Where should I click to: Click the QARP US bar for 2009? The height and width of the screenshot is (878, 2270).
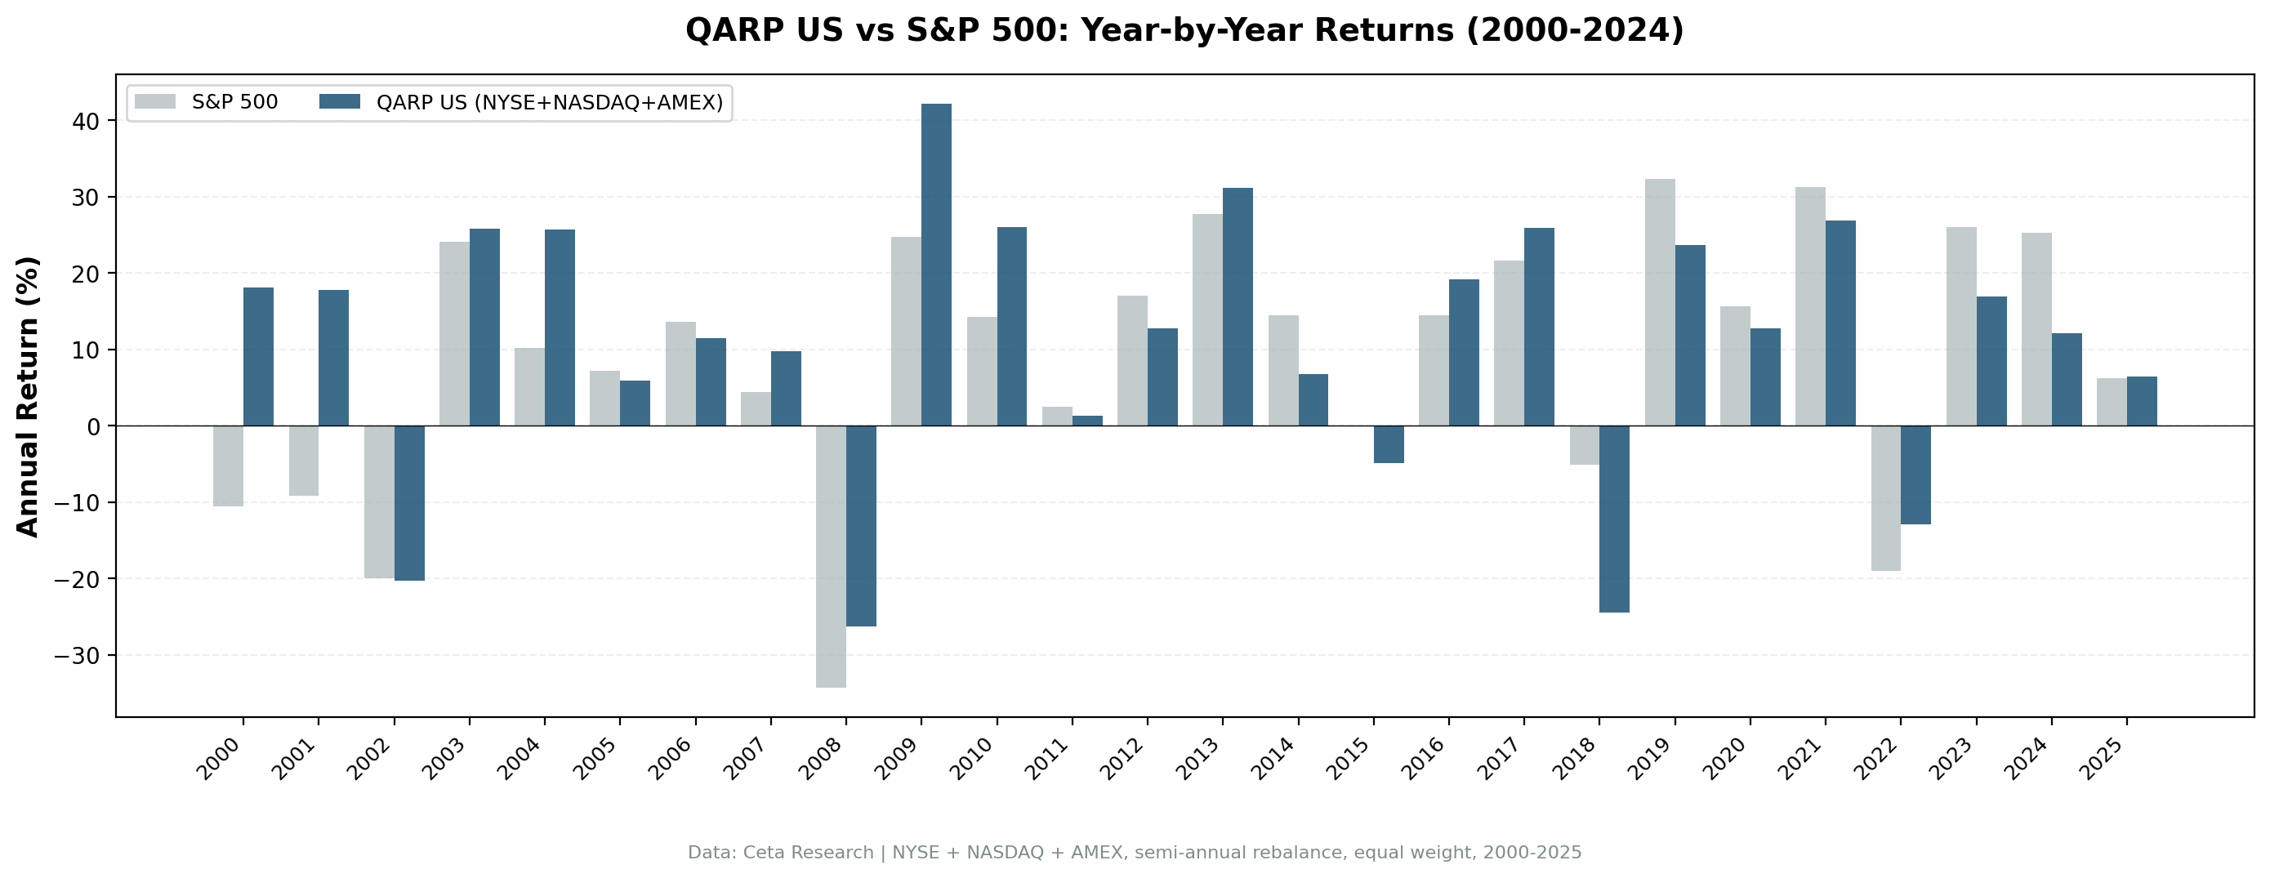point(936,265)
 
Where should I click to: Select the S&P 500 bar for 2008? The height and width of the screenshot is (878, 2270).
point(830,555)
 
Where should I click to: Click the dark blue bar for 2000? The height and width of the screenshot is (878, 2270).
point(258,356)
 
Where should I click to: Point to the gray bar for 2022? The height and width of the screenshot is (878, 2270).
point(1885,498)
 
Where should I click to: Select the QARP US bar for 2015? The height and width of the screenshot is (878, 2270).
point(1388,444)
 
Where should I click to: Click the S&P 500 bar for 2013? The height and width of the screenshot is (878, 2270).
point(1207,319)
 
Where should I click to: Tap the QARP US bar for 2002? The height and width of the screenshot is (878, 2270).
point(409,502)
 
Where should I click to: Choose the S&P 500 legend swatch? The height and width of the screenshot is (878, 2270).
point(155,102)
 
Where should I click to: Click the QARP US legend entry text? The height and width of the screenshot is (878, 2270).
point(549,102)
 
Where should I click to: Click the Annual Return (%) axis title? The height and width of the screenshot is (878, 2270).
point(29,396)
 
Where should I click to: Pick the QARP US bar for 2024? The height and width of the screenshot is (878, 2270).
point(2067,379)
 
